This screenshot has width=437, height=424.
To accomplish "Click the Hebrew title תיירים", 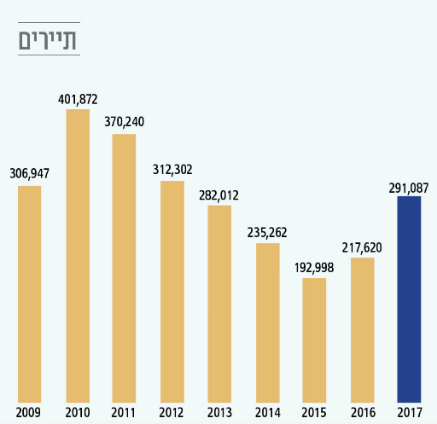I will [x=50, y=39].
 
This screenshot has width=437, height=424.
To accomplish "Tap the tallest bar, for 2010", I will [x=78, y=255].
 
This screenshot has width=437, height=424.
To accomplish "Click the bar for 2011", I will [x=125, y=268].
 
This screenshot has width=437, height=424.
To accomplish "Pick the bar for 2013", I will [x=219, y=303].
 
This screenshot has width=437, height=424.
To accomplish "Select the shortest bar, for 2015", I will [x=314, y=340].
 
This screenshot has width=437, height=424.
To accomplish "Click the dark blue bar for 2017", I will [x=409, y=299].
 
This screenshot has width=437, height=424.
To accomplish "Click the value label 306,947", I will [x=30, y=174].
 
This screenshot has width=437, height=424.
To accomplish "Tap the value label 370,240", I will [x=125, y=122].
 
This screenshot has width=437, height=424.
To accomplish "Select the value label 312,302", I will [x=172, y=169].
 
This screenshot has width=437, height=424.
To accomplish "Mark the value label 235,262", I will [x=267, y=231].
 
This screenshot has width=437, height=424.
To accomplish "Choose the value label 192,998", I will [x=314, y=267].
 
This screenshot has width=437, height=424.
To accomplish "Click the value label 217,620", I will [x=362, y=247].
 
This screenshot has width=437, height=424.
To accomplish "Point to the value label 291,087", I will [x=409, y=186].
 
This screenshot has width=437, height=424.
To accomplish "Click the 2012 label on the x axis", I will [x=172, y=412].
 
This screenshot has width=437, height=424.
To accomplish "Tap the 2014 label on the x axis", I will [x=267, y=412].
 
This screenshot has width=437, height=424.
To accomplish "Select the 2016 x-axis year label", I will [x=362, y=412].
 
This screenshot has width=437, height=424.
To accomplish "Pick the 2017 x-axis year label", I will [x=409, y=412].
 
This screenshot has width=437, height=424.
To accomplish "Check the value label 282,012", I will [x=219, y=195].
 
